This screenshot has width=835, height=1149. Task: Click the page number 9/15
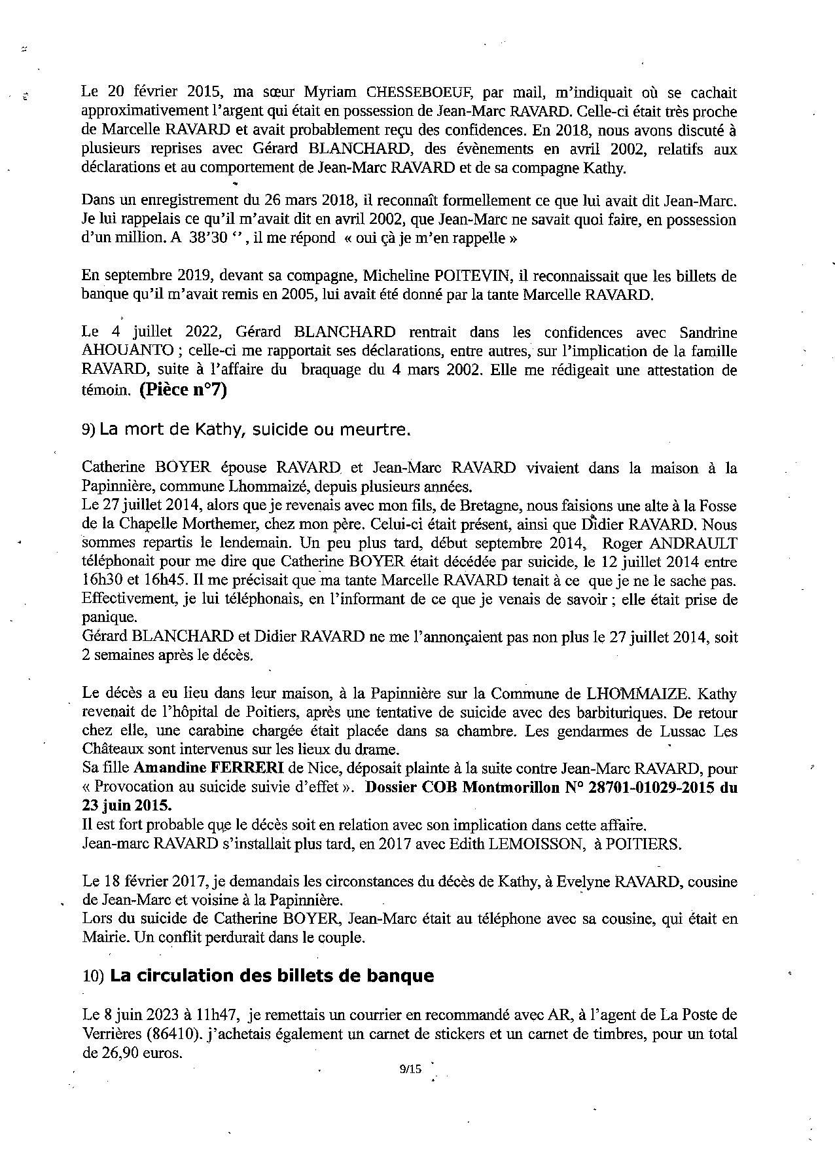(410, 1070)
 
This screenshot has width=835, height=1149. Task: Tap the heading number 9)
(90, 430)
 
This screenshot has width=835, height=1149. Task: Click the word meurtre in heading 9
(382, 430)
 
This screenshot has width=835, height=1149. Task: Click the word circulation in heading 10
(174, 976)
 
